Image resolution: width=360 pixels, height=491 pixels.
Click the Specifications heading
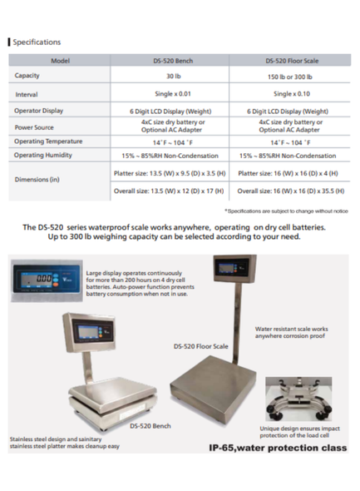click(x=37, y=41)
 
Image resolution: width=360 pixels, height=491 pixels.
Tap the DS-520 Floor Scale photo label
click(x=201, y=345)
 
